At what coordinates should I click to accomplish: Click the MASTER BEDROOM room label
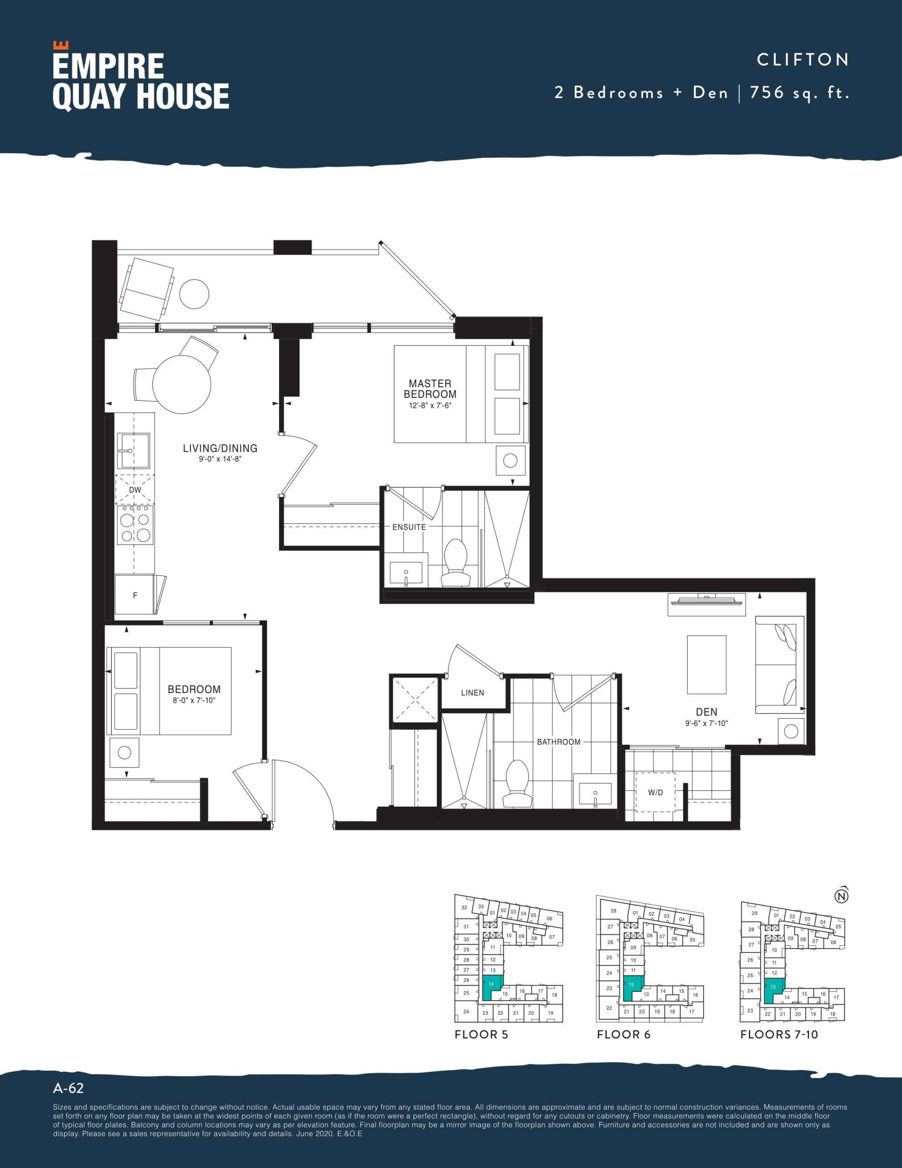tap(430, 388)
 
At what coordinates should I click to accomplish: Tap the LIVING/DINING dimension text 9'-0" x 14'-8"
tap(220, 459)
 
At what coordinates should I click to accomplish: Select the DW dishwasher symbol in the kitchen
tap(135, 490)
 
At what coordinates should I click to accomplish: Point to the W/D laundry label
tap(655, 793)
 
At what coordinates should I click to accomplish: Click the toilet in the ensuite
tap(456, 563)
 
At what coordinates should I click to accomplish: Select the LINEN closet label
tap(472, 693)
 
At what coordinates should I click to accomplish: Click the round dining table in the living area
tap(182, 383)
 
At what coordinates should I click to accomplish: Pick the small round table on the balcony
tap(194, 294)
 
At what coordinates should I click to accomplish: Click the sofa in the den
tap(779, 665)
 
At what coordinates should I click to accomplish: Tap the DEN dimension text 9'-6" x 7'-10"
tap(706, 723)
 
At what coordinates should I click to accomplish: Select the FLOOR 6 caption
tap(623, 1034)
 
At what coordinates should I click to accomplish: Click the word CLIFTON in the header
tap(802, 59)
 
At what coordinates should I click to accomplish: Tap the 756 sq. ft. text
tap(799, 93)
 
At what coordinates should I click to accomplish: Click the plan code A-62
tap(68, 1088)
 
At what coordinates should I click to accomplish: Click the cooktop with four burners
tap(135, 527)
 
